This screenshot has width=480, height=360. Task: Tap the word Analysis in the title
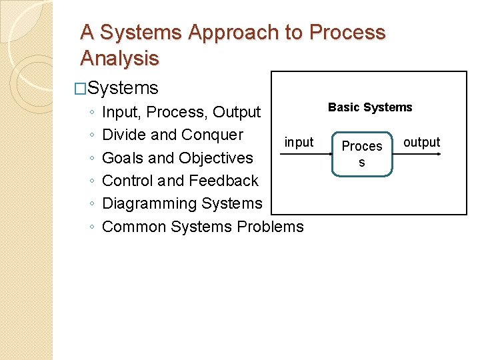click(x=119, y=59)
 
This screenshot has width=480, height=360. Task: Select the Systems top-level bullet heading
click(x=123, y=88)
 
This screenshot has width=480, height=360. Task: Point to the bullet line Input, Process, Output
click(x=181, y=112)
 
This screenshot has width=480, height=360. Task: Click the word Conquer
click(x=212, y=135)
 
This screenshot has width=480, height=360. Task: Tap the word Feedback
click(x=223, y=181)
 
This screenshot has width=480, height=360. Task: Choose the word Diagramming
click(x=149, y=203)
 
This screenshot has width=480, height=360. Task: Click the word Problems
click(x=270, y=227)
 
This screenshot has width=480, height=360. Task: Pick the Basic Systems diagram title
click(x=370, y=107)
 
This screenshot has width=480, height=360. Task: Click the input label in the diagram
click(x=299, y=142)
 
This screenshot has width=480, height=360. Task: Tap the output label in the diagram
click(x=422, y=142)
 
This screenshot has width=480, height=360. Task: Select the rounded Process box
click(x=362, y=154)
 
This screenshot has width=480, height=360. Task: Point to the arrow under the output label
click(x=417, y=153)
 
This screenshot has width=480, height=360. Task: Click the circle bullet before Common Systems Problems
click(x=91, y=227)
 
